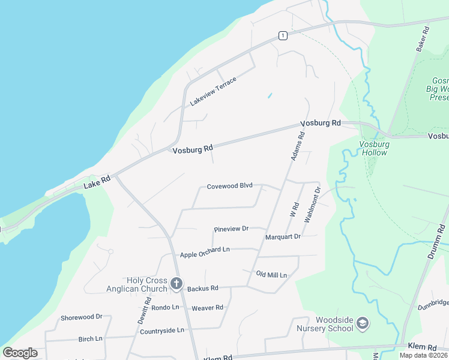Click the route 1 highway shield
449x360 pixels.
click(282, 36)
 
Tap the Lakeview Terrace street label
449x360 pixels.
click(213, 91)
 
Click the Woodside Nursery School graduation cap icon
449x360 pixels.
click(362, 324)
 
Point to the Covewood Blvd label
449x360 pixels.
click(229, 186)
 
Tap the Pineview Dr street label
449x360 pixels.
click(231, 229)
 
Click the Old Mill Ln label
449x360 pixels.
click(271, 275)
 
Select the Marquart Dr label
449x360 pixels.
click(283, 237)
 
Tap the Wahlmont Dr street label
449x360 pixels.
click(312, 205)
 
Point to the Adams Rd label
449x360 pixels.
click(298, 146)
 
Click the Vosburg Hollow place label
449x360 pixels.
click(374, 148)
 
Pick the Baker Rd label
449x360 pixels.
click(423, 38)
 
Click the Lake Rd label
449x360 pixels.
click(97, 181)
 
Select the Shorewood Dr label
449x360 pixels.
click(82, 317)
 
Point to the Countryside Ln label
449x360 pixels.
click(161, 331)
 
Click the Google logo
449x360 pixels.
click(20, 353)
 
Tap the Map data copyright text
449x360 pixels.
click(423, 355)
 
